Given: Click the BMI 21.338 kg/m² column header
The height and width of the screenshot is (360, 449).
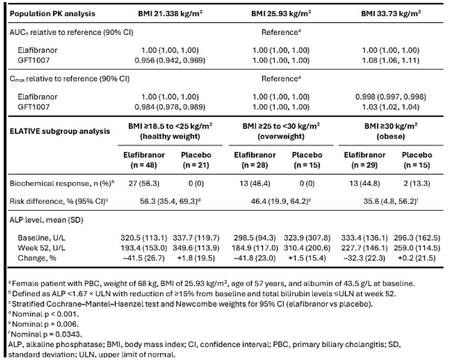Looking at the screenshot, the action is pos(171,14).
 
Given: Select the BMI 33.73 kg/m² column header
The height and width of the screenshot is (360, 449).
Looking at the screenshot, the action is pos(391,14).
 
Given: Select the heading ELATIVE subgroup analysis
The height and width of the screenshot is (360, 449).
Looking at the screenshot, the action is pos(60,131).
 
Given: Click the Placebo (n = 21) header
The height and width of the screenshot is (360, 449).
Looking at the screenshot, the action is pos(196,160).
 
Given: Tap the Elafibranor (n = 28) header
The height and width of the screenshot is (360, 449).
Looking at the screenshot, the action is pos(255,160).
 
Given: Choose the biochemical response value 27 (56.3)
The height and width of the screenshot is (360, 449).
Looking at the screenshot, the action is pos(144,183).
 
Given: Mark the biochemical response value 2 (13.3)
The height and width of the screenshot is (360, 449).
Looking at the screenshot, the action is pos(417,183).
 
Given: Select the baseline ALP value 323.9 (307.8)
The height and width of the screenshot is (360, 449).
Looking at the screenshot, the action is pos(307,238).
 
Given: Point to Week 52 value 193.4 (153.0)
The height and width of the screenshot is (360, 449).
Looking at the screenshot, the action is pos(144,248).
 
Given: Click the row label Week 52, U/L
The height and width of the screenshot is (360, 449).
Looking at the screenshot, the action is pos(41,248).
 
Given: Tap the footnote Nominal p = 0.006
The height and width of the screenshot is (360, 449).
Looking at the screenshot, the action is pos(44,324).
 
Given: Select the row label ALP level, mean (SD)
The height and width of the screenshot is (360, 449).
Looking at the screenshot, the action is pos(46,220).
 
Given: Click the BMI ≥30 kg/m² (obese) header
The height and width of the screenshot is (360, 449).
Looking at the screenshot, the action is pos(391,131).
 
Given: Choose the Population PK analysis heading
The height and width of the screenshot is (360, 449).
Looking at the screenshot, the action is pos(53,14).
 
